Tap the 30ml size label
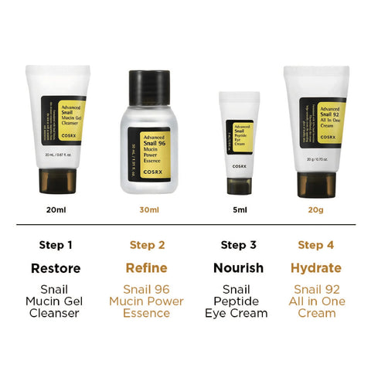pyautogui.click(x=148, y=209)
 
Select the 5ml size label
pyautogui.click(x=240, y=209)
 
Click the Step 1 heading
pyautogui.click(x=56, y=245)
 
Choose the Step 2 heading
pyautogui.click(x=147, y=245)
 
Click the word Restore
pyautogui.click(x=56, y=268)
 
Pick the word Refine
pyautogui.click(x=147, y=268)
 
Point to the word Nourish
pyautogui.click(x=239, y=268)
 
